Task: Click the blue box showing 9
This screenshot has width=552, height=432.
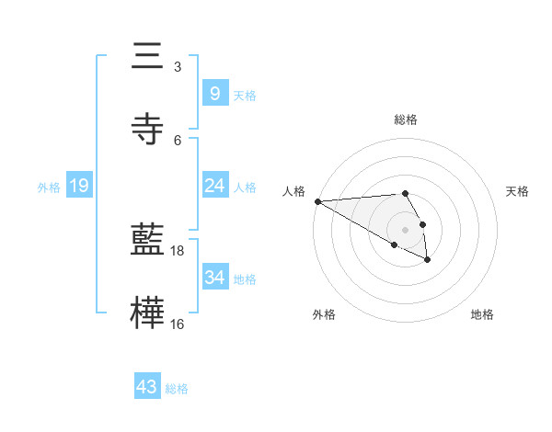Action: (x=214, y=93)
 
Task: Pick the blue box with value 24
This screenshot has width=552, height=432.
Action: (x=214, y=186)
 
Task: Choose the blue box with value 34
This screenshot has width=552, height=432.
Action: (x=214, y=278)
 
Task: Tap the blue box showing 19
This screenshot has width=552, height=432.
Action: (x=78, y=186)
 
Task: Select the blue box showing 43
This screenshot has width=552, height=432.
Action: (x=146, y=387)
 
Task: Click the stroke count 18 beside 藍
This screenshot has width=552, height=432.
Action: (x=178, y=250)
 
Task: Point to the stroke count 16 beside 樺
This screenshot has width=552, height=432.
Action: (x=178, y=323)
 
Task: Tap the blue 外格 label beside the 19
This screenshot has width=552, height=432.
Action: (x=49, y=188)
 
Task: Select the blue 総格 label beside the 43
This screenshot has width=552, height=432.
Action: (x=177, y=389)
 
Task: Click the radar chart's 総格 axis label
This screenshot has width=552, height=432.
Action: (x=405, y=119)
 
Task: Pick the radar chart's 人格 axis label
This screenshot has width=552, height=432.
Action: (x=293, y=190)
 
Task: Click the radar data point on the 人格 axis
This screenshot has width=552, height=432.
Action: (x=317, y=201)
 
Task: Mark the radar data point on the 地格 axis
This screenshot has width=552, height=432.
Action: (x=427, y=260)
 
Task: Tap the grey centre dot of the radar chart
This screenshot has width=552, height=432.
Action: (x=405, y=230)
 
